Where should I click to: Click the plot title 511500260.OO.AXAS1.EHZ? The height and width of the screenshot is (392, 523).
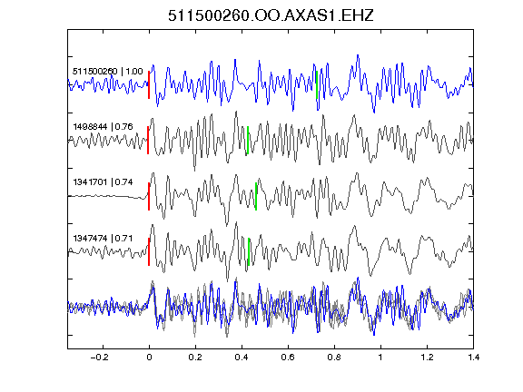click(x=271, y=15)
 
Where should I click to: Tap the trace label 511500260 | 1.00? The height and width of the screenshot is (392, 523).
click(x=107, y=72)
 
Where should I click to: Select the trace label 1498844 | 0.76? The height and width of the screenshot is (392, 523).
click(x=103, y=127)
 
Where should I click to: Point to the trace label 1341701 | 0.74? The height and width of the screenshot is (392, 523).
click(x=103, y=182)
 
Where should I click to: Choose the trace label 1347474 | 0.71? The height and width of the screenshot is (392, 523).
click(x=103, y=239)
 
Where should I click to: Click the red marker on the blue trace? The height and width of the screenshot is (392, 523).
click(x=149, y=84)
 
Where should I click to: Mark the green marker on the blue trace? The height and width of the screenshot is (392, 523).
click(x=317, y=84)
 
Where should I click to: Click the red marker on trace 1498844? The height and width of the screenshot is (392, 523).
click(x=148, y=141)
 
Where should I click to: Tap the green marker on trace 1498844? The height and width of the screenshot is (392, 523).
click(x=248, y=141)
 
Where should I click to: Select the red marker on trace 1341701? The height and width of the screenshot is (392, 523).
click(x=149, y=196)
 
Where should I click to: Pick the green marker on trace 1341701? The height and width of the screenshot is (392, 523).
click(x=256, y=196)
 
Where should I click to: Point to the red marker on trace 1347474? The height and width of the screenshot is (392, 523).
click(x=149, y=251)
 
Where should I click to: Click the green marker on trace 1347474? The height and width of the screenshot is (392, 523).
click(x=249, y=251)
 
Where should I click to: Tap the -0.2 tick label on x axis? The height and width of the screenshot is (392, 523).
click(x=99, y=358)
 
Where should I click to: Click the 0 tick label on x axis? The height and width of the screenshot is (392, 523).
click(x=149, y=358)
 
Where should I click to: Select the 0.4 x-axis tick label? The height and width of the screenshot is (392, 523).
click(x=242, y=358)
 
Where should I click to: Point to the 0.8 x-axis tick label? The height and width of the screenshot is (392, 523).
click(x=334, y=358)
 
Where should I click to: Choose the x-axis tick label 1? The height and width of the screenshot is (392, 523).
click(x=380, y=358)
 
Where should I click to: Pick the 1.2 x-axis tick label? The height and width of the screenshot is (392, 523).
click(x=427, y=358)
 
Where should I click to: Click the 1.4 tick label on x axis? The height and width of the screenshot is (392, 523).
click(x=473, y=358)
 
